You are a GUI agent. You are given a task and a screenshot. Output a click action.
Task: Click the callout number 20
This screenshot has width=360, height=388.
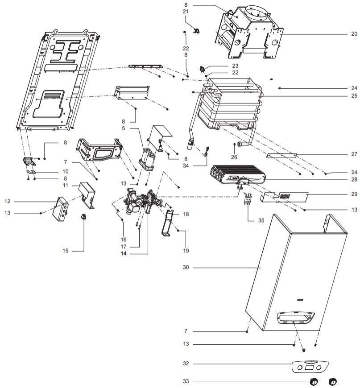point(354,34)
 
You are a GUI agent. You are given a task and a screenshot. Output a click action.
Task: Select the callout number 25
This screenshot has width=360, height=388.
point(354,96)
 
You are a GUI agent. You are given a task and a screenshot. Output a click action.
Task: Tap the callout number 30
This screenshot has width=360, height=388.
point(186,268)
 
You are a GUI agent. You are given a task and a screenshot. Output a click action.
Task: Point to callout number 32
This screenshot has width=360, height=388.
point(186,363)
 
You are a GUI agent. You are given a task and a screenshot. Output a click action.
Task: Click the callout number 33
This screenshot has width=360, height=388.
point(186,381)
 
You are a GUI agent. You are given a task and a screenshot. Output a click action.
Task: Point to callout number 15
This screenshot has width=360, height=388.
point(66,251)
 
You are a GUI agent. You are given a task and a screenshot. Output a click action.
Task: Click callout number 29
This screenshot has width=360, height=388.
point(354,195)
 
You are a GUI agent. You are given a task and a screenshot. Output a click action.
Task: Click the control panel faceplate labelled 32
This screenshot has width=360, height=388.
point(307,367)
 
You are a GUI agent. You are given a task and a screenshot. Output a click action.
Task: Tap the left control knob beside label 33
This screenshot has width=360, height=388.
point(314,382)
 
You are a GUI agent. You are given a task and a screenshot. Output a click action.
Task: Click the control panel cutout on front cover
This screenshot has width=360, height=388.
point(294,318)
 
